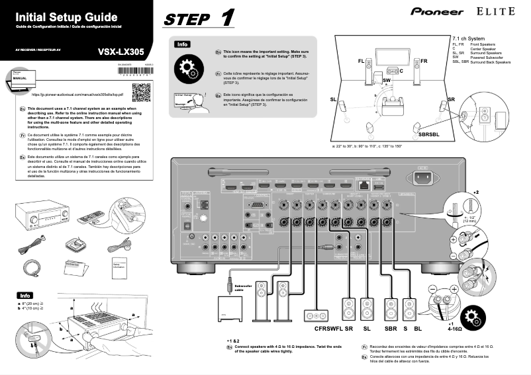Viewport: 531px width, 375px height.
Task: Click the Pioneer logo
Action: click(437, 11)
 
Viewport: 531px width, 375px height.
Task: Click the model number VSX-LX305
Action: click(121, 51)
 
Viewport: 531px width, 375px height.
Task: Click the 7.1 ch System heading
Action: click(468, 39)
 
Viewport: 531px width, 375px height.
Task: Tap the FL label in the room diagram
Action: click(361, 61)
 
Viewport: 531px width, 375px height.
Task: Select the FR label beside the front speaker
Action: click(424, 61)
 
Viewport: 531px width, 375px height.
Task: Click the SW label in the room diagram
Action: click(387, 80)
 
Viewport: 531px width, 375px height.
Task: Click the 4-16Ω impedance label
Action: click(454, 328)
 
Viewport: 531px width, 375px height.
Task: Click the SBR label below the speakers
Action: click(391, 328)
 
